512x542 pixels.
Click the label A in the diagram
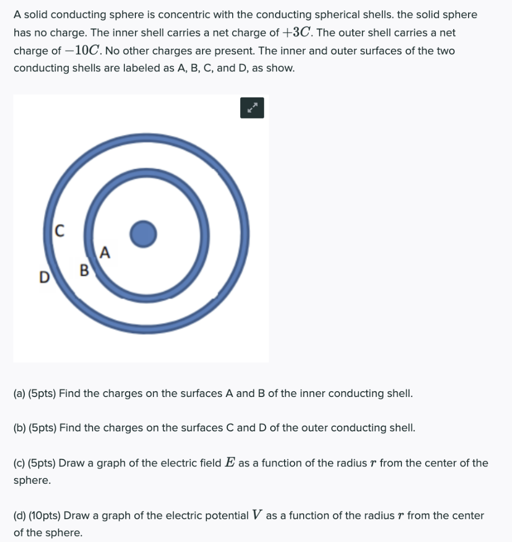pyautogui.click(x=105, y=253)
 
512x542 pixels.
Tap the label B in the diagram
pyautogui.click(x=84, y=272)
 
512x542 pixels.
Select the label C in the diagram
pyautogui.click(x=60, y=230)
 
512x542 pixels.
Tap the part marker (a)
pyautogui.click(x=20, y=393)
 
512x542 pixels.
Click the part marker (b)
pyautogui.click(x=20, y=428)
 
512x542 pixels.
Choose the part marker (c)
pyautogui.click(x=20, y=463)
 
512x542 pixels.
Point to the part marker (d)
pyautogui.click(x=20, y=515)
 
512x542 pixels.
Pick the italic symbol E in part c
pyautogui.click(x=230, y=463)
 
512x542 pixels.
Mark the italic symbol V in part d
pyautogui.click(x=257, y=515)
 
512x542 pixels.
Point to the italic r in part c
pyautogui.click(x=373, y=464)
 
